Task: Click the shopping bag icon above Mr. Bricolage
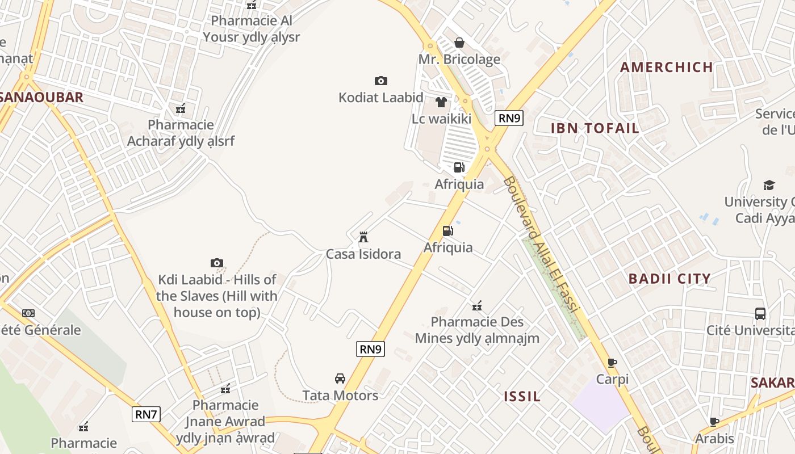(459, 43)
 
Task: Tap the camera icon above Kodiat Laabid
(380, 81)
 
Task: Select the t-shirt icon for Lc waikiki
(441, 102)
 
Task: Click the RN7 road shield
(146, 414)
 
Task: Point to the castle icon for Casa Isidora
(363, 237)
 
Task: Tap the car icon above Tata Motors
(340, 379)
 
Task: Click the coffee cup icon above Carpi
(612, 363)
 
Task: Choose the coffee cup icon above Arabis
(714, 422)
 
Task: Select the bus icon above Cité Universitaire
(760, 313)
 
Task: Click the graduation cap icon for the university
(769, 185)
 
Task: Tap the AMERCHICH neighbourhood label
(667, 67)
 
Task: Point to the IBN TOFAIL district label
(595, 128)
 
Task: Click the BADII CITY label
(670, 279)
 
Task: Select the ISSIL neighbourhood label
(522, 396)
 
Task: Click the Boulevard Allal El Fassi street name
(540, 245)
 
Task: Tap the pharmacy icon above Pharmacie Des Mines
(477, 306)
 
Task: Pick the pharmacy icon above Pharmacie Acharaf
(181, 108)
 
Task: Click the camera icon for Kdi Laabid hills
(216, 263)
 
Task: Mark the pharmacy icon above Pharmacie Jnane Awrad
(225, 389)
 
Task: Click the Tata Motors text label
(340, 396)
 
